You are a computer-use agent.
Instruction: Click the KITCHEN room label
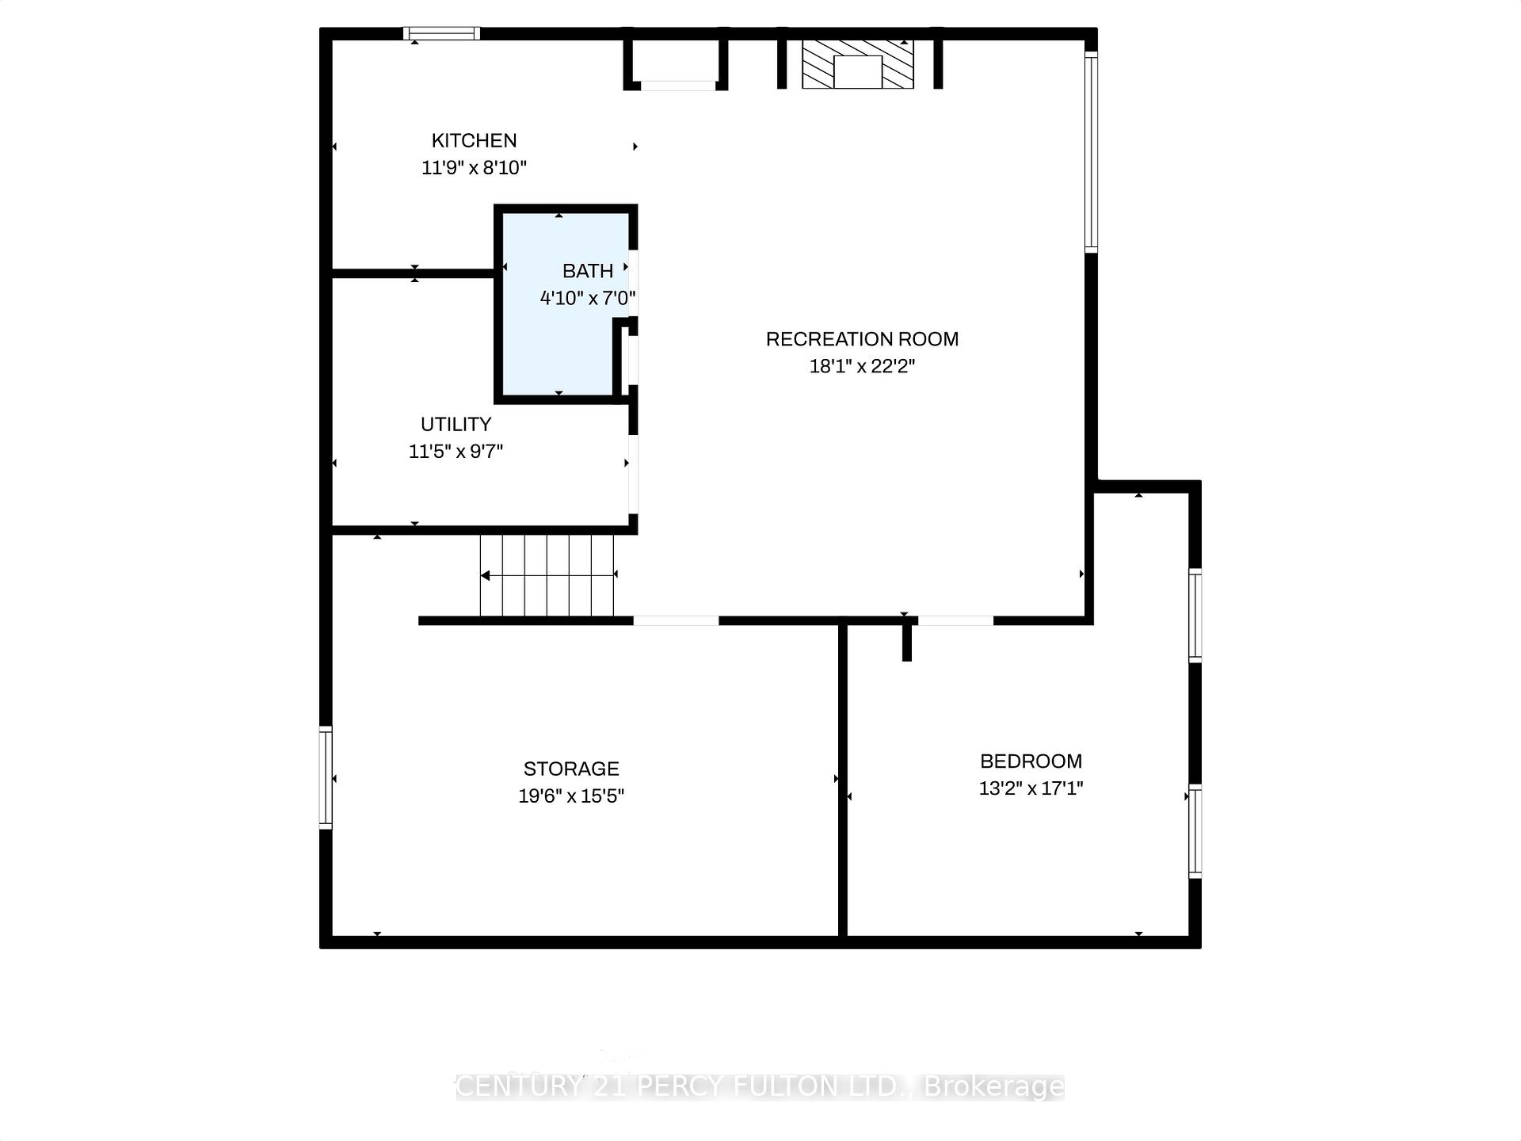474,141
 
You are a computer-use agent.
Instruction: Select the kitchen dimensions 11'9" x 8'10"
474,168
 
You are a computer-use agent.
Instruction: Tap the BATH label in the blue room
587,271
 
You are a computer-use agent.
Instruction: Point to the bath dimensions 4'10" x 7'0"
588,299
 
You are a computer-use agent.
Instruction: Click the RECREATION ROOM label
862,339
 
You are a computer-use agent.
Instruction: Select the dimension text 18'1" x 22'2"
862,366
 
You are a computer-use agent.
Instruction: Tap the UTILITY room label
456,424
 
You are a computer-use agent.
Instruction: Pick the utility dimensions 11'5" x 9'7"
456,452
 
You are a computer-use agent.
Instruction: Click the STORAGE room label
571,769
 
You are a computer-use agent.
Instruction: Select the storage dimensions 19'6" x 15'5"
571,796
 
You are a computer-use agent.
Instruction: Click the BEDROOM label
1031,761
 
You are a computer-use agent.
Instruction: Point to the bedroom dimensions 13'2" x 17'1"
1031,788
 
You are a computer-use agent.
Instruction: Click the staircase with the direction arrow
547,575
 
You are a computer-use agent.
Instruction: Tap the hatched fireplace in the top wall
857,64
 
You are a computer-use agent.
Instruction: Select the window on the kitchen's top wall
441,33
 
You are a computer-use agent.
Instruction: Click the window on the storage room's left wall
326,777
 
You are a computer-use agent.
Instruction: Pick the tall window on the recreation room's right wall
1091,151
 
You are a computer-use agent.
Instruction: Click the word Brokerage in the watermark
993,1086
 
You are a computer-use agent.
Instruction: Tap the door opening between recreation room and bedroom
955,620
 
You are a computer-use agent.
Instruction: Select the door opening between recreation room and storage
676,620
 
